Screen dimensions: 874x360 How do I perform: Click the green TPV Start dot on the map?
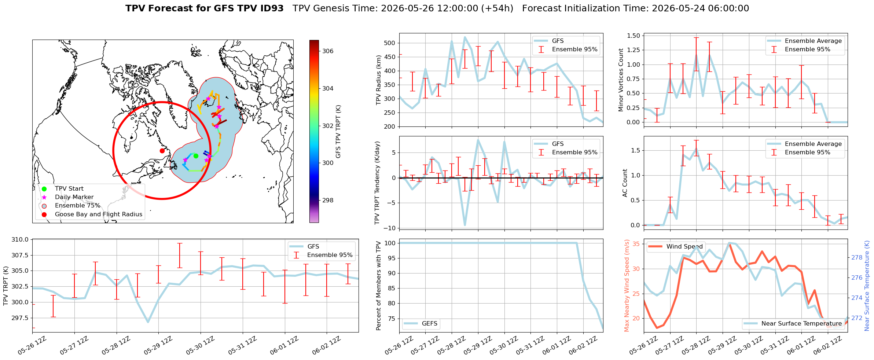coord(196,156)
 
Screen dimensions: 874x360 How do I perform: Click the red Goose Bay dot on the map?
coord(162,151)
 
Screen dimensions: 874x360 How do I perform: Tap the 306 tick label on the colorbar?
coord(328,51)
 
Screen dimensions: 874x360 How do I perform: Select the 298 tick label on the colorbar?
coord(328,200)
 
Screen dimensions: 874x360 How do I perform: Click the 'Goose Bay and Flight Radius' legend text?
coord(99,214)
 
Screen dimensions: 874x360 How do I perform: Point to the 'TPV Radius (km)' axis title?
coord(379,80)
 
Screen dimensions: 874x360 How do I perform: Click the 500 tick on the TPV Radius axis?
coord(390,43)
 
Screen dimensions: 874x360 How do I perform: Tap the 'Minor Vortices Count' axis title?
coord(621,80)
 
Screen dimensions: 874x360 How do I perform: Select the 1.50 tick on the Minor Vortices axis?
coord(634,36)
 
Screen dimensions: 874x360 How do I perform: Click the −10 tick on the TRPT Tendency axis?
coord(389,228)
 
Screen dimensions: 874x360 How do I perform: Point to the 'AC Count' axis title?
coord(625,183)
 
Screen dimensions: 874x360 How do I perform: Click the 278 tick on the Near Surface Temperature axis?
coord(857,258)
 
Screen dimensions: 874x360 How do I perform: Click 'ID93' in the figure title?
coord(271,8)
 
